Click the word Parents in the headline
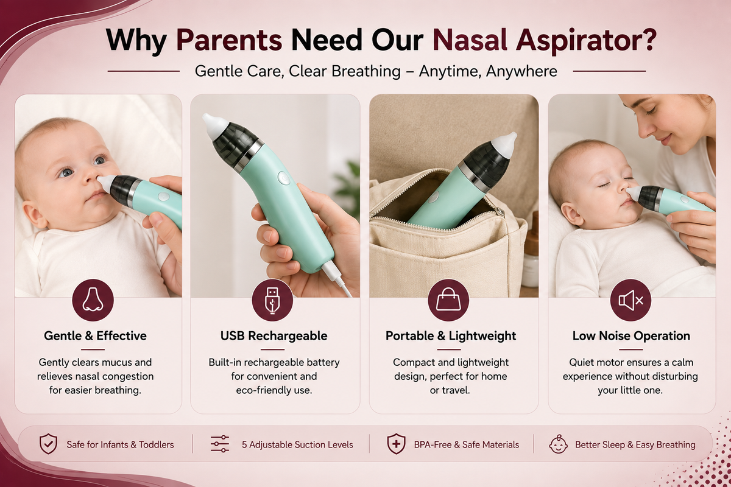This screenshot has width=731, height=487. (x=229, y=40)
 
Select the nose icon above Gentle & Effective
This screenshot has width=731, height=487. (x=93, y=300)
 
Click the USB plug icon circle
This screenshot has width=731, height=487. (x=272, y=300)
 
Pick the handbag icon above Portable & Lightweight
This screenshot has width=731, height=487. (x=448, y=300)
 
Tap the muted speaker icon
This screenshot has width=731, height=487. (x=630, y=300)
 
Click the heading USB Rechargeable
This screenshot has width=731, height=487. (x=274, y=335)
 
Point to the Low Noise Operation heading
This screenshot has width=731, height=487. (x=631, y=335)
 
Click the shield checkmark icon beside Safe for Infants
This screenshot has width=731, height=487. (x=48, y=444)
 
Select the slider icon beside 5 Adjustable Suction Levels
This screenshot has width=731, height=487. (x=220, y=444)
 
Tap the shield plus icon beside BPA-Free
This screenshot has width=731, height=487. (x=396, y=444)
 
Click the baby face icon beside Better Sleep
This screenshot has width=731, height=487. (x=558, y=444)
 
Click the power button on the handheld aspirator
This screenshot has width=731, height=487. (x=284, y=179)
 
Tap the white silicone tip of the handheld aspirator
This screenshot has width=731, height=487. (x=214, y=125)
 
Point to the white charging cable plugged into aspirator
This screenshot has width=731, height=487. (x=337, y=279)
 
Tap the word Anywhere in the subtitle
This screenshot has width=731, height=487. (x=521, y=71)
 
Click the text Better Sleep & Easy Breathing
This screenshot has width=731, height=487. (x=635, y=444)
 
